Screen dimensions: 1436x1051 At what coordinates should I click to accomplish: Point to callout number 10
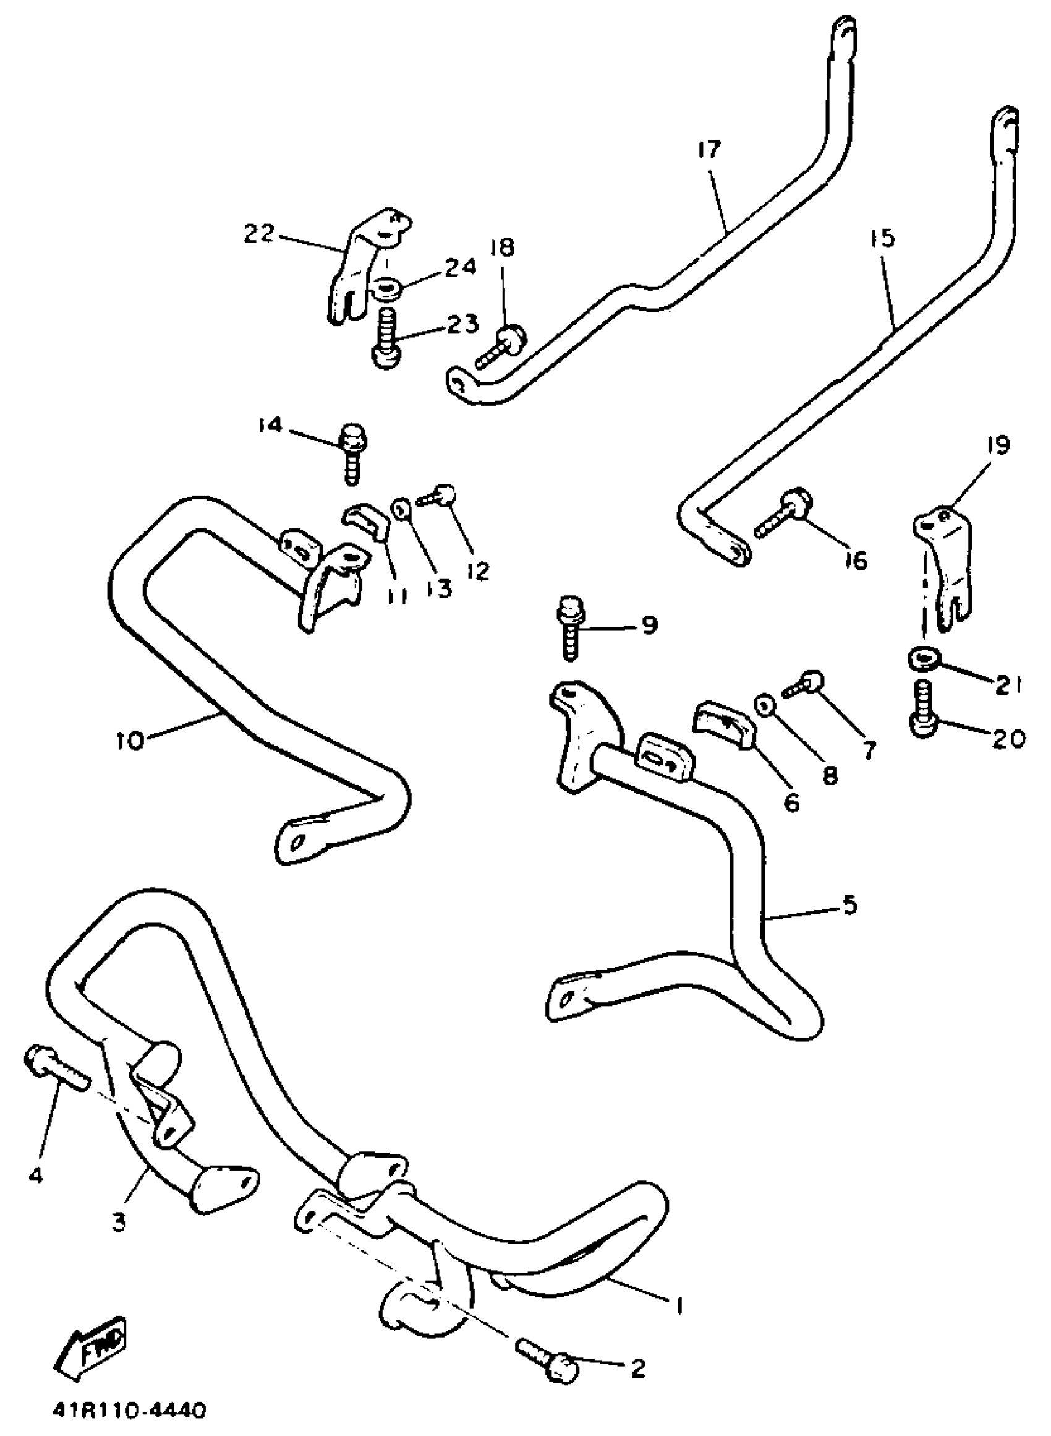[x=130, y=742]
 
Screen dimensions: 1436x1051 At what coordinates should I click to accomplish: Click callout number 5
[x=850, y=906]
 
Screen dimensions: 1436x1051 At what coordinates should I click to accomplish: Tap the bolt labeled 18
[x=502, y=345]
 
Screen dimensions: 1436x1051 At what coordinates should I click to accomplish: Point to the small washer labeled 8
[x=763, y=705]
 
